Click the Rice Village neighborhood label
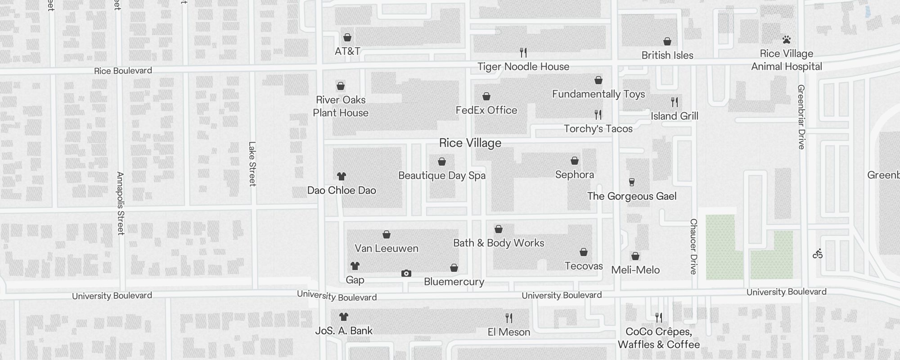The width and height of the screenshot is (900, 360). (470, 143)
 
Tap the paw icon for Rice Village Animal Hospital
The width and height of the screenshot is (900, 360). (787, 40)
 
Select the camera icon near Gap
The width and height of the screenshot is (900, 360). (406, 273)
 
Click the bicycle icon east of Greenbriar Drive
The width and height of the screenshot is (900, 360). (818, 254)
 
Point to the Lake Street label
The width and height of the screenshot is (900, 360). (252, 164)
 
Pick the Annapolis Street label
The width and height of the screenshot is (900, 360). (120, 203)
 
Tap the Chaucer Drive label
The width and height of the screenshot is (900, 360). (693, 246)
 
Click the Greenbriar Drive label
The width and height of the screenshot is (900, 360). (801, 117)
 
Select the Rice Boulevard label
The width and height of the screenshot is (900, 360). (123, 71)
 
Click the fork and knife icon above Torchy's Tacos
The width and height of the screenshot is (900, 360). (598, 115)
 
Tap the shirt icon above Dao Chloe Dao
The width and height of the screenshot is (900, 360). (342, 176)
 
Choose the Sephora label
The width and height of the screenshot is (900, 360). (575, 175)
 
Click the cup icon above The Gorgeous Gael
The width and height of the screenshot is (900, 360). (632, 182)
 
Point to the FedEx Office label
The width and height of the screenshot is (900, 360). (486, 110)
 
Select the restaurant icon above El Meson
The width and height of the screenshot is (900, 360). (509, 318)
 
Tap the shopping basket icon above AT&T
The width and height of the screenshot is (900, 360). (347, 37)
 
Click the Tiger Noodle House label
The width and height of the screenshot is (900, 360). (523, 67)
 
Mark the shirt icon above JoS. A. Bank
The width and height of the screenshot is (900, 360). (344, 317)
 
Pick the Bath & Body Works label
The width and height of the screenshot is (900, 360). (499, 243)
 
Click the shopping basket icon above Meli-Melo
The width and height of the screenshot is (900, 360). (635, 256)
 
